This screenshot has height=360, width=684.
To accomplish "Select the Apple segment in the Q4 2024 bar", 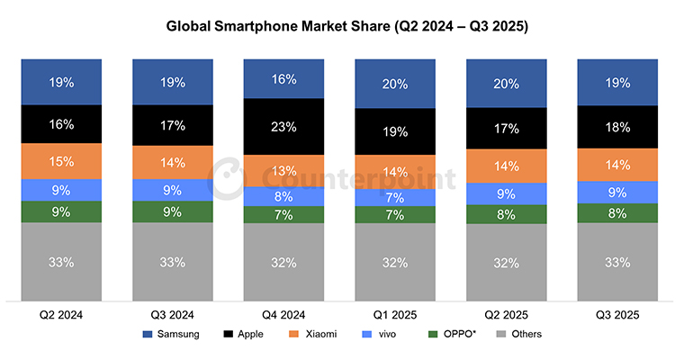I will point(283,127).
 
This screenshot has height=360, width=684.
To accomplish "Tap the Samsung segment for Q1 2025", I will point(394,84).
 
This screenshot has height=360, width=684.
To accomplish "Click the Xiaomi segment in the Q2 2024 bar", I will point(62,161).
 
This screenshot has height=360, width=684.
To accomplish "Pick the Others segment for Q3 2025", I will point(616,262).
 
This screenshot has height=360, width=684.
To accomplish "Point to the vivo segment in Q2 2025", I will point(506,193).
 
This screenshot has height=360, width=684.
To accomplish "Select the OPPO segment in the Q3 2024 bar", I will point(173,212).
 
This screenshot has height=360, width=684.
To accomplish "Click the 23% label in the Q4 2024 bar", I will point(283,128).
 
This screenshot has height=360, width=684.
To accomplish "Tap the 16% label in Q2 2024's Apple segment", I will point(62,124).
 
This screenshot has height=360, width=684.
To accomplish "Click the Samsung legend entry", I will point(170,334).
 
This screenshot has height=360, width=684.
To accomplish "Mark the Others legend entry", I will point(515,334).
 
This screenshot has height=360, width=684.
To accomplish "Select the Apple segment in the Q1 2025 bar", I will point(394,131).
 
